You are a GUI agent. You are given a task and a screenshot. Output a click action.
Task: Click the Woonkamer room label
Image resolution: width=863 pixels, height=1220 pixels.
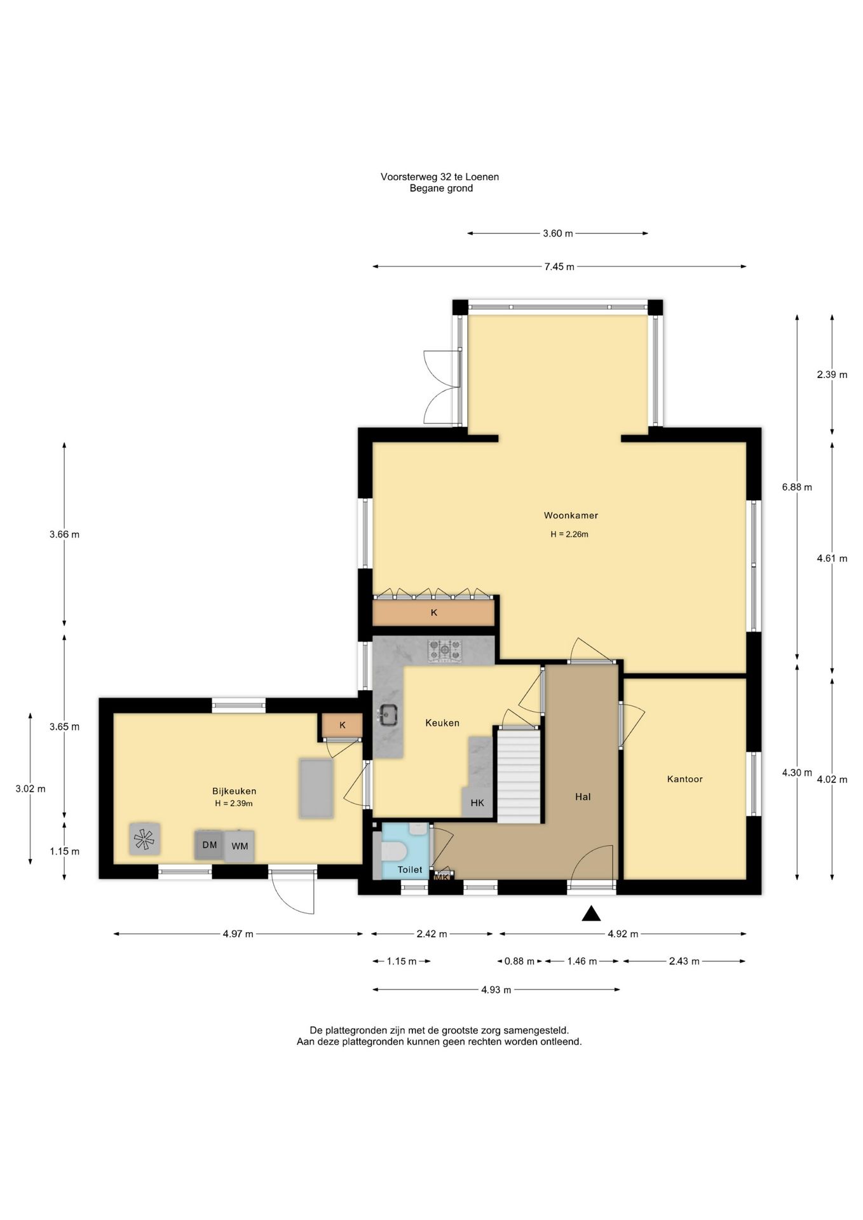[571, 515]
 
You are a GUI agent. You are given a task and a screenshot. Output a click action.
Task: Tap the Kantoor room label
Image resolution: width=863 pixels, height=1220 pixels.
[684, 779]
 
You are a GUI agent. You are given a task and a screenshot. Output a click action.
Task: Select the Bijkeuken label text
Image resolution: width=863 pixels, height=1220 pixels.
[234, 791]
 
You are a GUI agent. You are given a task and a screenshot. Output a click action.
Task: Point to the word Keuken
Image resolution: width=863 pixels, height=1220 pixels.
[442, 722]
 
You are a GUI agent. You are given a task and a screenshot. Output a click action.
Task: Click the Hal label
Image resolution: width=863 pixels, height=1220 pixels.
[583, 796]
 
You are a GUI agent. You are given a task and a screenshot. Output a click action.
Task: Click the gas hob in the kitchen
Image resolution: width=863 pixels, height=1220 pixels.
[445, 651]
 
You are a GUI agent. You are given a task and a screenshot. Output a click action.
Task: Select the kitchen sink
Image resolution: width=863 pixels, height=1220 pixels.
[388, 715]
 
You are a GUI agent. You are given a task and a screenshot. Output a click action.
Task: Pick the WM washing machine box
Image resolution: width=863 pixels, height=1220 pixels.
[240, 846]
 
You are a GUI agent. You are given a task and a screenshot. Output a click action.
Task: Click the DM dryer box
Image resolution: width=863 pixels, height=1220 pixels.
[210, 845]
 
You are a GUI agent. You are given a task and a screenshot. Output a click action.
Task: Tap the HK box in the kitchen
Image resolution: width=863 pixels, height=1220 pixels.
[477, 803]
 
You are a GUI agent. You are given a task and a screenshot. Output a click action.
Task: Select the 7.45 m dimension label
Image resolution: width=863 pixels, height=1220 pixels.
[559, 267]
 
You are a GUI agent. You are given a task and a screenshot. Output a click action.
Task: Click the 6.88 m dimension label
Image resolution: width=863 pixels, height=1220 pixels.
[797, 487]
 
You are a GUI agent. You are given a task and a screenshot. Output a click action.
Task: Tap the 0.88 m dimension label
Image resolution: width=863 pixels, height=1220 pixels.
[519, 961]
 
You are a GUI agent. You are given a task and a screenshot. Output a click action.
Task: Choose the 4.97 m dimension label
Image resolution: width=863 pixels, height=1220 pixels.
[238, 934]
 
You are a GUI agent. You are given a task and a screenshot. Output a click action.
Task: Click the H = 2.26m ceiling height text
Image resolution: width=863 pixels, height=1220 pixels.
[569, 534]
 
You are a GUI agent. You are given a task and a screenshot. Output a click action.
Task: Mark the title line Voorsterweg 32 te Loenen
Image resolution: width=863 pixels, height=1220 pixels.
[440, 177]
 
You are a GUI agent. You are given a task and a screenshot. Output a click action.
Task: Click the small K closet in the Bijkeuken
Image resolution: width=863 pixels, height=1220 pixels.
[342, 726]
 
